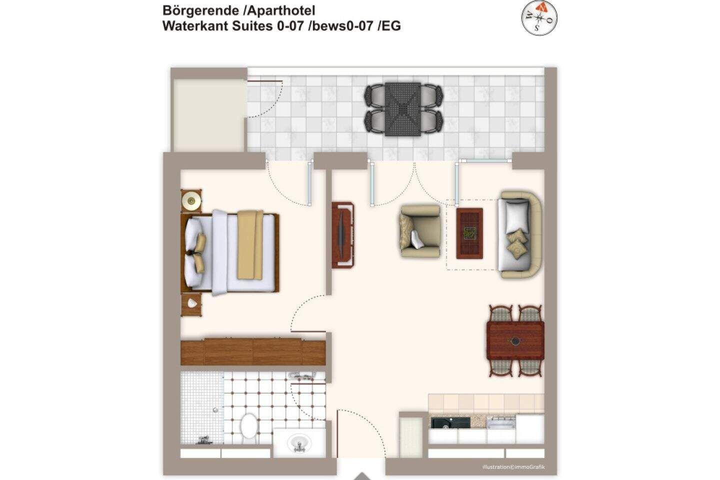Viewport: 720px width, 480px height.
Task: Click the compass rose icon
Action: [539, 18]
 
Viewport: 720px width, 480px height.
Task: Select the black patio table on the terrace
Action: [403, 109]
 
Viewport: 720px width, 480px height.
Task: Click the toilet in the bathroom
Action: [249, 426]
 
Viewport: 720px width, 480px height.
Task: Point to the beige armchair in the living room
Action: [420, 231]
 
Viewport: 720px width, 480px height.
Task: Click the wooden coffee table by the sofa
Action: [469, 233]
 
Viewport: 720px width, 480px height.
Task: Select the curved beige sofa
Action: [520, 234]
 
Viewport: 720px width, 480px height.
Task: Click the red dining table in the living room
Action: [515, 341]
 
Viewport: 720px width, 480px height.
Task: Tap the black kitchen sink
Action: [450, 423]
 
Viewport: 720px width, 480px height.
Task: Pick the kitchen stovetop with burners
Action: [501, 422]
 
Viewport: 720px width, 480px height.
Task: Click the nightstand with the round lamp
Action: [191, 201]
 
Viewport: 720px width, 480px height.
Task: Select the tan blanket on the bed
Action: [250, 245]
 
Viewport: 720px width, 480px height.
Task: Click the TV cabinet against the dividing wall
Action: [342, 235]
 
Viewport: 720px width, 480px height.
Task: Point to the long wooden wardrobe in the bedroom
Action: [253, 351]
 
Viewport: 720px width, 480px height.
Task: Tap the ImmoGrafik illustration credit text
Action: [513, 467]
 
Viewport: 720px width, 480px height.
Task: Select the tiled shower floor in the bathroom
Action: [202, 408]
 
